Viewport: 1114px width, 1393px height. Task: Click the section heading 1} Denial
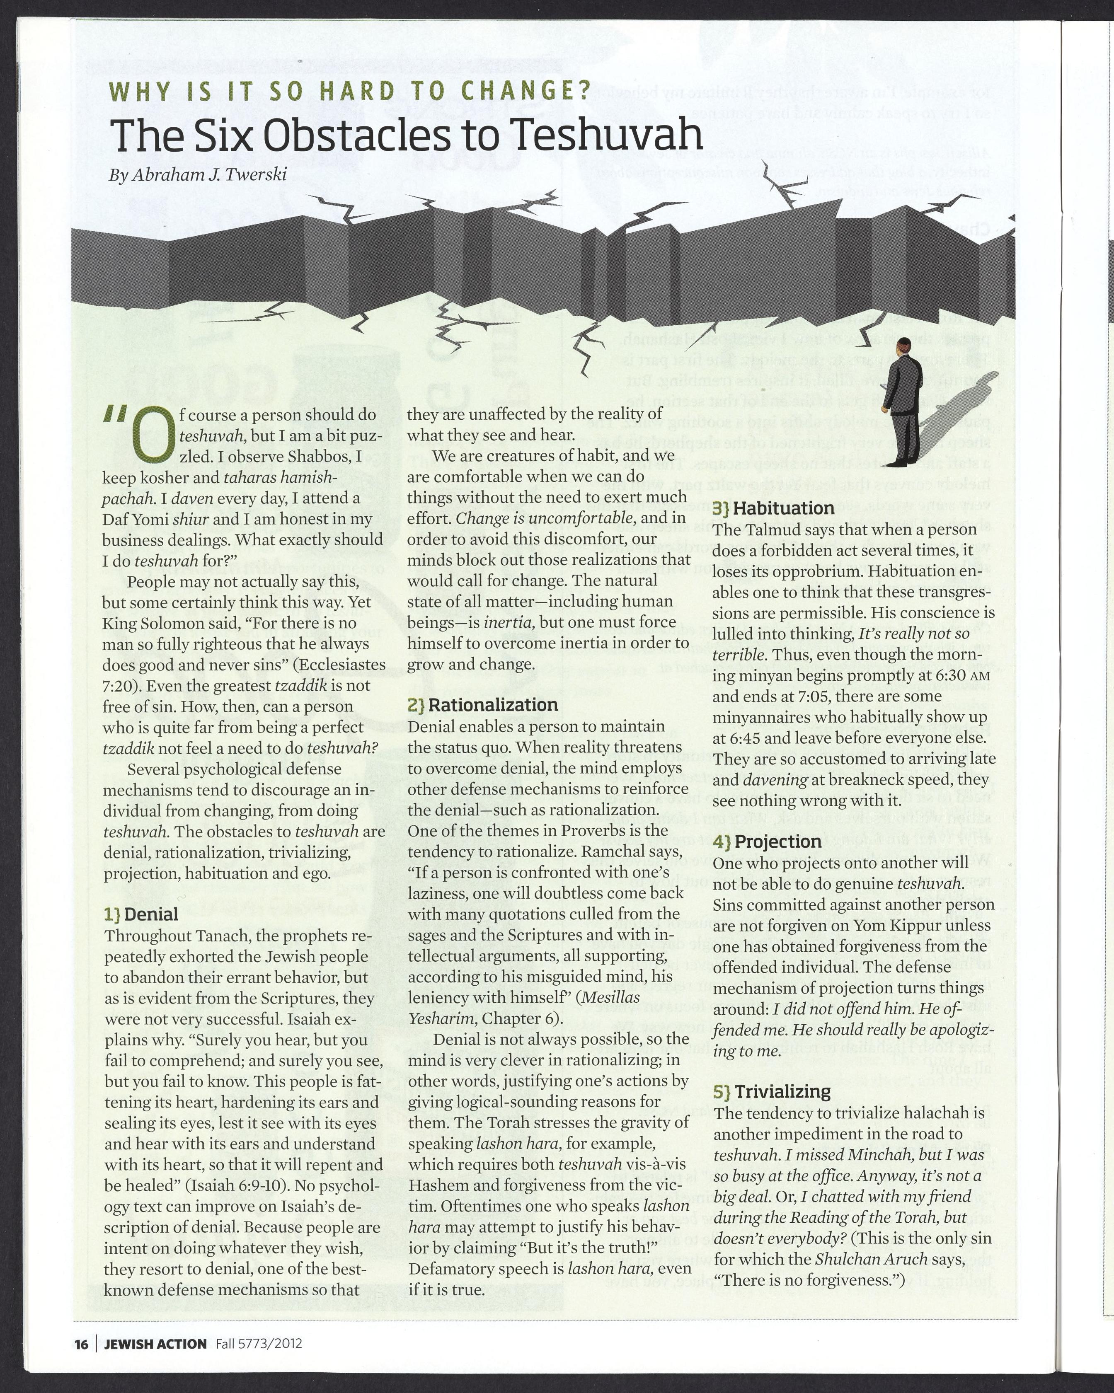tap(141, 914)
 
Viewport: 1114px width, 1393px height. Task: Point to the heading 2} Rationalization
tap(482, 705)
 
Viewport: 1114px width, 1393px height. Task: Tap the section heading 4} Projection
tap(768, 842)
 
